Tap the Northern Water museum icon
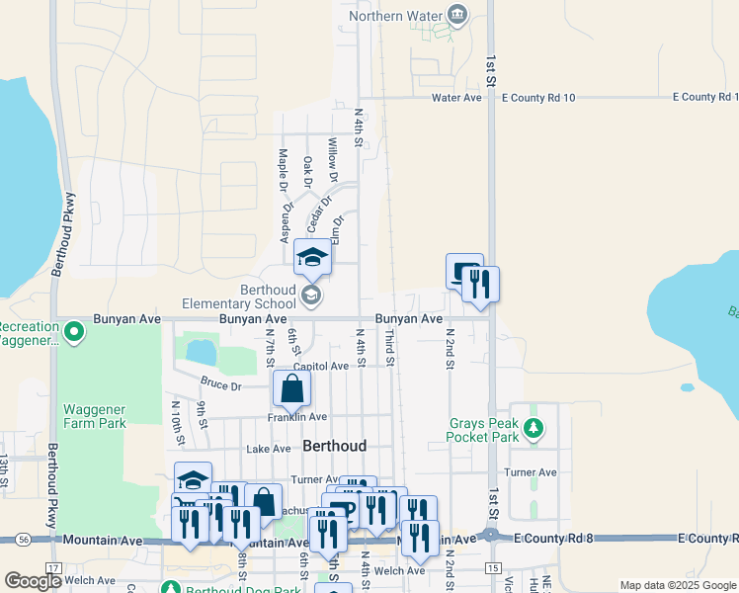pos(456,14)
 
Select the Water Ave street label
pos(456,98)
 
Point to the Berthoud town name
pos(334,446)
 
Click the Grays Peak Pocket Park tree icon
pos(534,428)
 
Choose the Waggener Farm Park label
pos(95,416)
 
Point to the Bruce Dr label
pos(220,382)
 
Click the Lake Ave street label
pos(268,449)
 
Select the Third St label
pos(389,351)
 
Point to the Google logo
pos(32,581)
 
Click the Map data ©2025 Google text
pos(677,585)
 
